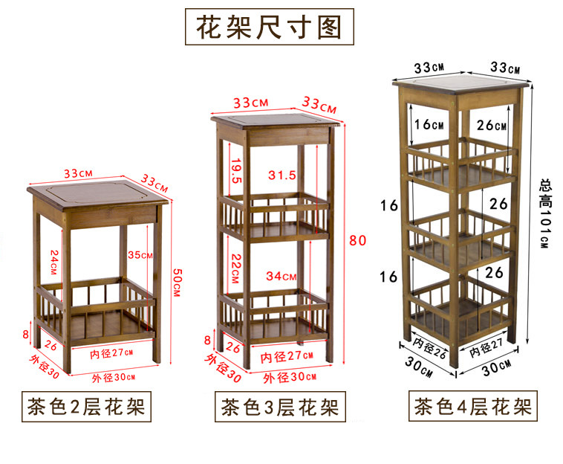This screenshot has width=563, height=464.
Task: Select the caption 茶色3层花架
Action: coord(279,407)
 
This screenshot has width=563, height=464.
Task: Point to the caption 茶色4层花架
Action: coord(472,407)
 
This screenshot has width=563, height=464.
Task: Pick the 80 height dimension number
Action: coord(358,241)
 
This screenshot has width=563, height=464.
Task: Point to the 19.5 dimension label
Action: coord(236,172)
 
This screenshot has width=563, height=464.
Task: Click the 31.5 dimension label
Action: coord(281,175)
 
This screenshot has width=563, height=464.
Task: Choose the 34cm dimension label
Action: coord(282,276)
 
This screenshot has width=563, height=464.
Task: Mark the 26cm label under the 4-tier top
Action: coord(491,124)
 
